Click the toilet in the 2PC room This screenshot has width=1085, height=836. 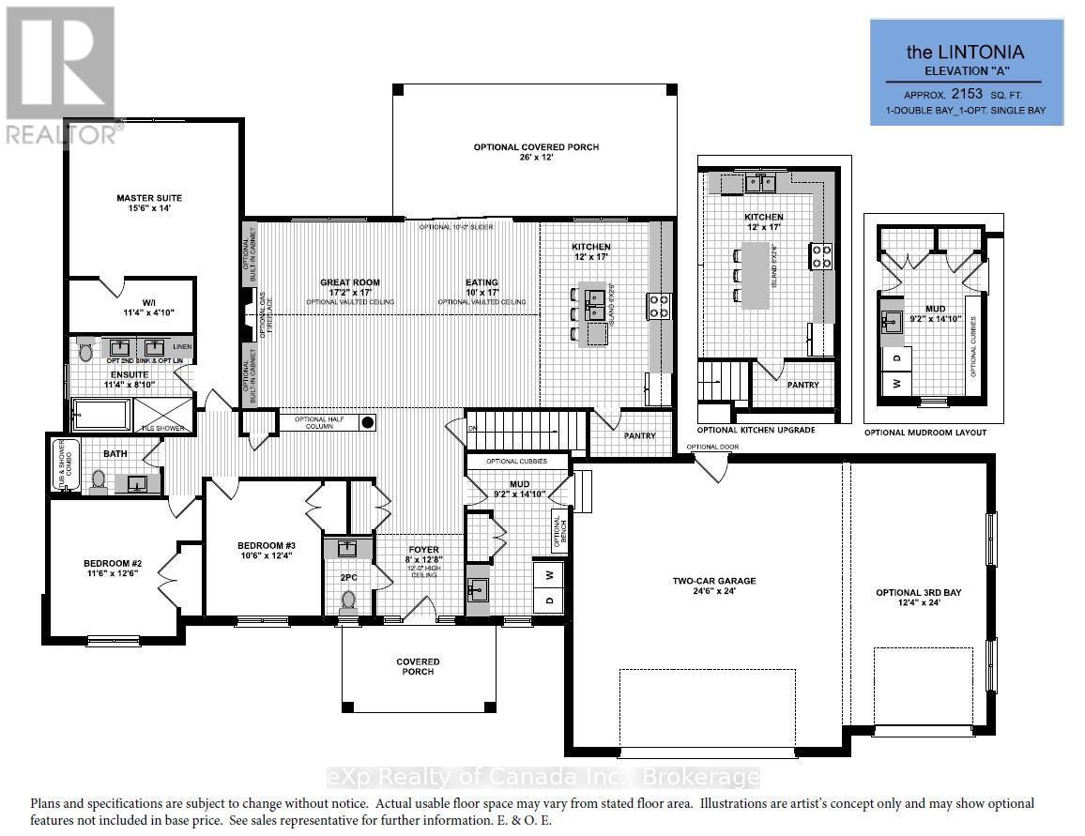(x=349, y=600)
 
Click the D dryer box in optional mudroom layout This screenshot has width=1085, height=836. (x=896, y=357)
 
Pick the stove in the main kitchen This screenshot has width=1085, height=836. (x=658, y=305)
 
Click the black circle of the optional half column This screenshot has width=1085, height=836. (x=368, y=422)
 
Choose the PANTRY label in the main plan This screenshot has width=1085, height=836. (x=638, y=436)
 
